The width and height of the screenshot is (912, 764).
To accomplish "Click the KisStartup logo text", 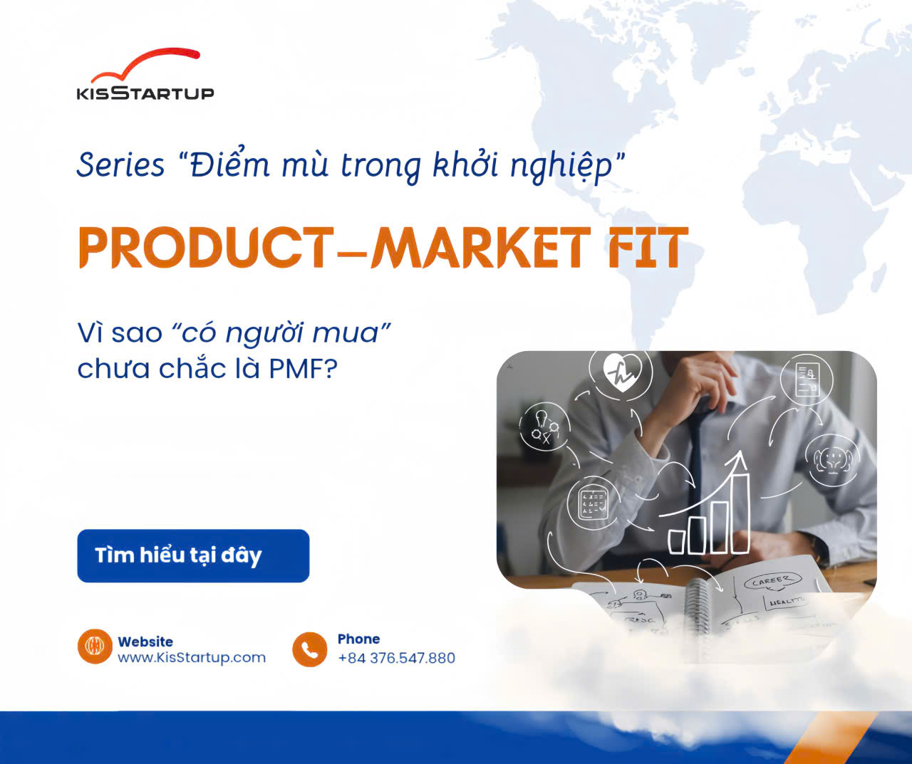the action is pos(145,93).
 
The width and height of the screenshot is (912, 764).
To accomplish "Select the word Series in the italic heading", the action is pos(120,165).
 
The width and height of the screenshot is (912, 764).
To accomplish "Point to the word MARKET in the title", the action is pos(479,247).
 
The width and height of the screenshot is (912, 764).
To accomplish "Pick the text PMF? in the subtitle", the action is pos(303,369).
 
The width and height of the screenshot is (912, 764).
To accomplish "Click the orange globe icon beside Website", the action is pos(95,647).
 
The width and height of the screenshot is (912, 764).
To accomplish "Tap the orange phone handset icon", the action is pos(310,649).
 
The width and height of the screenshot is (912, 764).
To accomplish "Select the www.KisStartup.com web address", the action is pos(192,657).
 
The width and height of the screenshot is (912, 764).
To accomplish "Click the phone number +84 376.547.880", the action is pos(397,657).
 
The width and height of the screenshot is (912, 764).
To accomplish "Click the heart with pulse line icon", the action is pos(622,372).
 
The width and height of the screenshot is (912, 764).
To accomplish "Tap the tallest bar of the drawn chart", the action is pos(740,513).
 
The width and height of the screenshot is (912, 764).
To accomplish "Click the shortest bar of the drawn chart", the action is pos(678,543).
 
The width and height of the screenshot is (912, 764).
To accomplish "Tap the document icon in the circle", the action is pos(807,380).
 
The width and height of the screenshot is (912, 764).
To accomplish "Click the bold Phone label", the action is pos(358,639).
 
